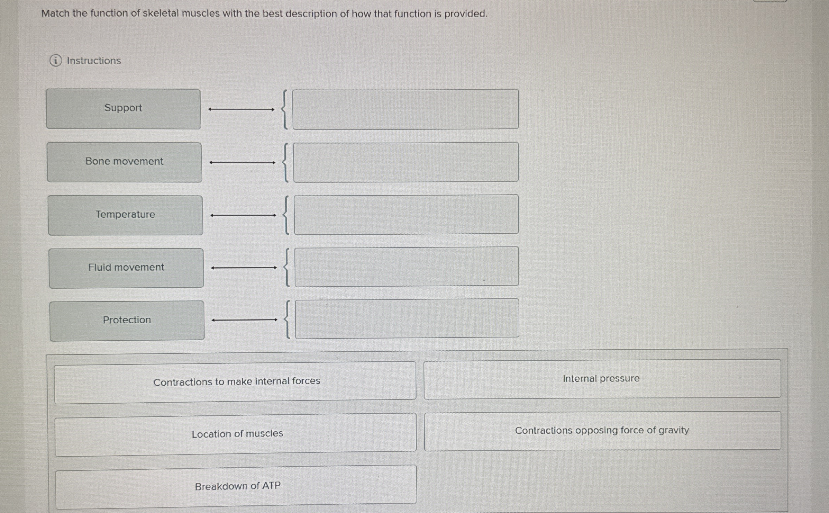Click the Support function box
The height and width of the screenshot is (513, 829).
(x=124, y=109)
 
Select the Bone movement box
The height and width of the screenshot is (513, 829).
(x=125, y=162)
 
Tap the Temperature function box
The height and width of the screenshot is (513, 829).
(x=126, y=215)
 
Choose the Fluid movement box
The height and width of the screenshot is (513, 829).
(x=126, y=268)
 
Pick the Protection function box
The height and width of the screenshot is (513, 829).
(x=127, y=321)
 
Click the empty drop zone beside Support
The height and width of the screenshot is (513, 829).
(x=406, y=109)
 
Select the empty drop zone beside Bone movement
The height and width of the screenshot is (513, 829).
(x=406, y=162)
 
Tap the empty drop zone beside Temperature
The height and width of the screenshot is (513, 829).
(x=406, y=214)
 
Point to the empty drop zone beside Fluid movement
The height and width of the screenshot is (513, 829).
(x=407, y=267)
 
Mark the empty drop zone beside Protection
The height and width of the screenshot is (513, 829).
(x=407, y=318)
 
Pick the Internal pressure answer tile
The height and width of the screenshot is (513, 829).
(x=602, y=379)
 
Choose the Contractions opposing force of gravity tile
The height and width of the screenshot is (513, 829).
(x=602, y=431)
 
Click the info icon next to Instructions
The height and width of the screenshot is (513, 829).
(x=55, y=61)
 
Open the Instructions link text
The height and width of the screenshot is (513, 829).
(x=94, y=61)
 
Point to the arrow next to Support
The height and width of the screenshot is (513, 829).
(x=242, y=110)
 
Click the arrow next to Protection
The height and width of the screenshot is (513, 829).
(x=245, y=320)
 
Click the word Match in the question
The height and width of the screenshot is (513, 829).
(x=55, y=13)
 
